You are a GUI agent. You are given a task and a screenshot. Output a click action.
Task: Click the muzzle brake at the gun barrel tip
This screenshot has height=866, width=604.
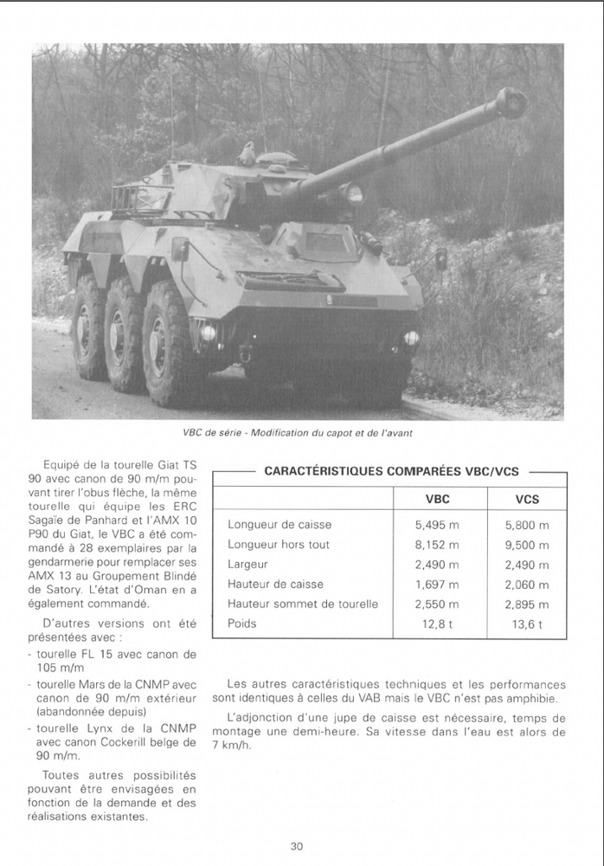tap(511, 104)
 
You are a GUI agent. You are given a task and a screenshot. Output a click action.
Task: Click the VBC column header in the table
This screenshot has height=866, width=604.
tap(437, 499)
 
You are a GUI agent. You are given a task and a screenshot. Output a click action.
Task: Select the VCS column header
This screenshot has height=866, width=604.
tap(527, 499)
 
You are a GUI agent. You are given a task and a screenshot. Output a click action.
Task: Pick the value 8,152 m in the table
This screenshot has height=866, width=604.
tap(437, 545)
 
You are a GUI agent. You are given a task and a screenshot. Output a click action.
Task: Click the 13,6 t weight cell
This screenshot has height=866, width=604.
tap(527, 624)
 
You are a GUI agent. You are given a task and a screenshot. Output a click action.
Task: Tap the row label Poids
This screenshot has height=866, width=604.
tap(242, 624)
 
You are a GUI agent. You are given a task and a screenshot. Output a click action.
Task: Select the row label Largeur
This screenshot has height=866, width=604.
tap(248, 565)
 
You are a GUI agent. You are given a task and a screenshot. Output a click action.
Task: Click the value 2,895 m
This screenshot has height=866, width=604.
tap(527, 604)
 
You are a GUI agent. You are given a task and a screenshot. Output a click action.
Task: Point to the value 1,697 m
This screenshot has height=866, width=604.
tap(437, 585)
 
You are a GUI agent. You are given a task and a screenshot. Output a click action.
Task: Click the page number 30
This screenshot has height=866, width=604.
tap(297, 846)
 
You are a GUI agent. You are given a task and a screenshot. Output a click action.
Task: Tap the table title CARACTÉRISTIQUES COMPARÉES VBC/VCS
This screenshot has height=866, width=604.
tap(392, 471)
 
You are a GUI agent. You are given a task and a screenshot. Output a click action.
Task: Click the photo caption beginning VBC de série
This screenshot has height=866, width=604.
tap(297, 433)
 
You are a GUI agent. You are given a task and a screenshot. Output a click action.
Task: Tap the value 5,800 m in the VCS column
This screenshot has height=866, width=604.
tap(527, 525)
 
